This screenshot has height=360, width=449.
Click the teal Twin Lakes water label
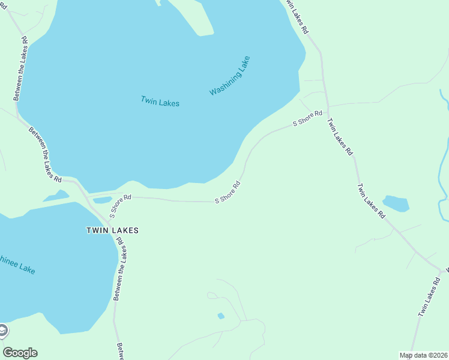click(160, 101)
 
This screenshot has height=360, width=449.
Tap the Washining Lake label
click(229, 76)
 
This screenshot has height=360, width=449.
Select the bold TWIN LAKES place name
click(112, 230)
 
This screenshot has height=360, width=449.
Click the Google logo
click(20, 353)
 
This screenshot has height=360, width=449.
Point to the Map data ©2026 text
click(424, 355)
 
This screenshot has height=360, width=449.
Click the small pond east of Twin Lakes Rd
click(396, 203)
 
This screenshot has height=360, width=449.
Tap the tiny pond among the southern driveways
click(221, 316)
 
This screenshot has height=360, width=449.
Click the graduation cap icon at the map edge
click(3, 331)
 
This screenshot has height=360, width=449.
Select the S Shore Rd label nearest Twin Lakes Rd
click(307, 118)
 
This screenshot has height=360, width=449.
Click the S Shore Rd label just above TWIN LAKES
click(120, 205)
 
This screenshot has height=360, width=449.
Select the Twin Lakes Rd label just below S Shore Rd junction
click(340, 137)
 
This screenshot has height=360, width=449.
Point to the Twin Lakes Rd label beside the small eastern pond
click(370, 200)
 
